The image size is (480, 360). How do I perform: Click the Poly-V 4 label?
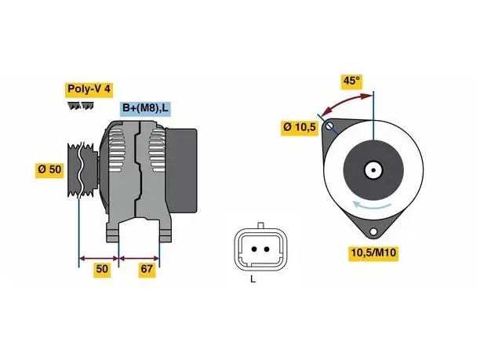(89, 89)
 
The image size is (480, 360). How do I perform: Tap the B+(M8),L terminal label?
(145, 108)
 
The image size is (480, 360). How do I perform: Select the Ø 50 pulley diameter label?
(49, 169)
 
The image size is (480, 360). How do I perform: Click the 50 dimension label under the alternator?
(102, 269)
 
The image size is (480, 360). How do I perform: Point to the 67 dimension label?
(147, 269)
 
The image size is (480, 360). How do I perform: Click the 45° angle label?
(351, 81)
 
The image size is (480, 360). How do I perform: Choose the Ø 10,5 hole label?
(300, 127)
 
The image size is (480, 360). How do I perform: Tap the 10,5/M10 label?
(373, 253)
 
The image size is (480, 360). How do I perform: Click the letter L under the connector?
(253, 279)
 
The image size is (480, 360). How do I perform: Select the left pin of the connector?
(254, 249)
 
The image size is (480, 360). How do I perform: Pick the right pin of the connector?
(267, 249)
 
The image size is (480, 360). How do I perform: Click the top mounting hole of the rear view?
(329, 125)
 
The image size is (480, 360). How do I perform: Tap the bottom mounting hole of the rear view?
(373, 231)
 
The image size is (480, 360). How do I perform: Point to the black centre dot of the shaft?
(373, 170)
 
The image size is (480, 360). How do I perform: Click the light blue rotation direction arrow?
(372, 205)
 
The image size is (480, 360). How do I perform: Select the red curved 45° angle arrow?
(346, 100)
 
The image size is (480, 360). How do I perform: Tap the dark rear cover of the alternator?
(181, 170)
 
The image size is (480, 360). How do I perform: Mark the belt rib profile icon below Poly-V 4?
(81, 106)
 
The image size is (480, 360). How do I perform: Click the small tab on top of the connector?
(261, 226)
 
